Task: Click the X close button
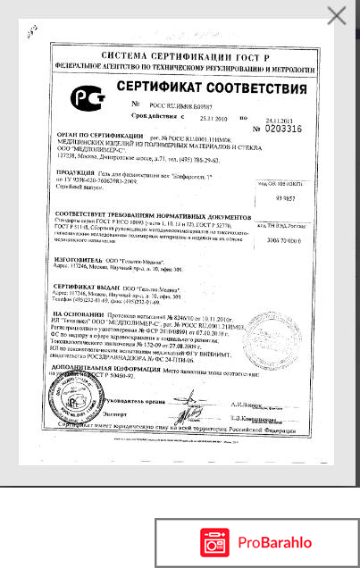[x=337, y=15]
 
